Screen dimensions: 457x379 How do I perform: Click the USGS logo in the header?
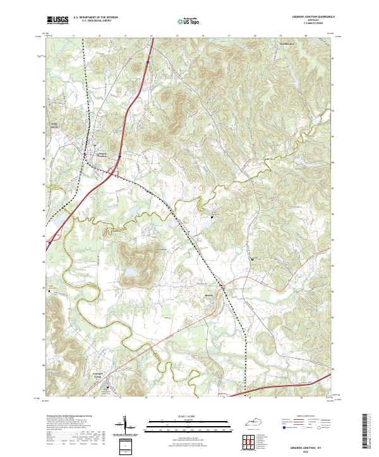tap(56, 21)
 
